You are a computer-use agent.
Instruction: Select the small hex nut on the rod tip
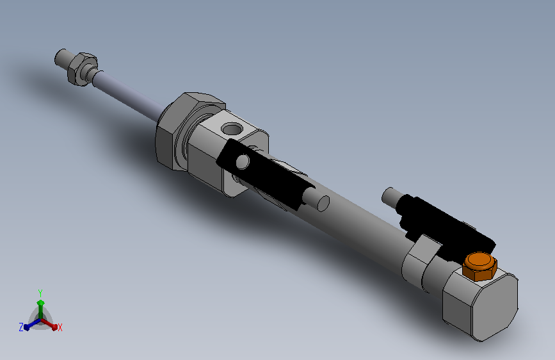click(80, 67)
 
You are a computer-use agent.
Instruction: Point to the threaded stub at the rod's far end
click(61, 57)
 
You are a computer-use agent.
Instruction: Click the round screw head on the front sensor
click(243, 160)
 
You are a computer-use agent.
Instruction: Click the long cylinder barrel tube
click(358, 224)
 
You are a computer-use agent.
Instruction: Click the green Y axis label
click(40, 291)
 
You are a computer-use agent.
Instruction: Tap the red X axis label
click(60, 327)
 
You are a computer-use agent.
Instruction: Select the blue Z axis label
click(21, 327)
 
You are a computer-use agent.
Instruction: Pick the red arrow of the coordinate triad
click(51, 324)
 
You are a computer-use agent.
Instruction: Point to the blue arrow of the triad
click(29, 325)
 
